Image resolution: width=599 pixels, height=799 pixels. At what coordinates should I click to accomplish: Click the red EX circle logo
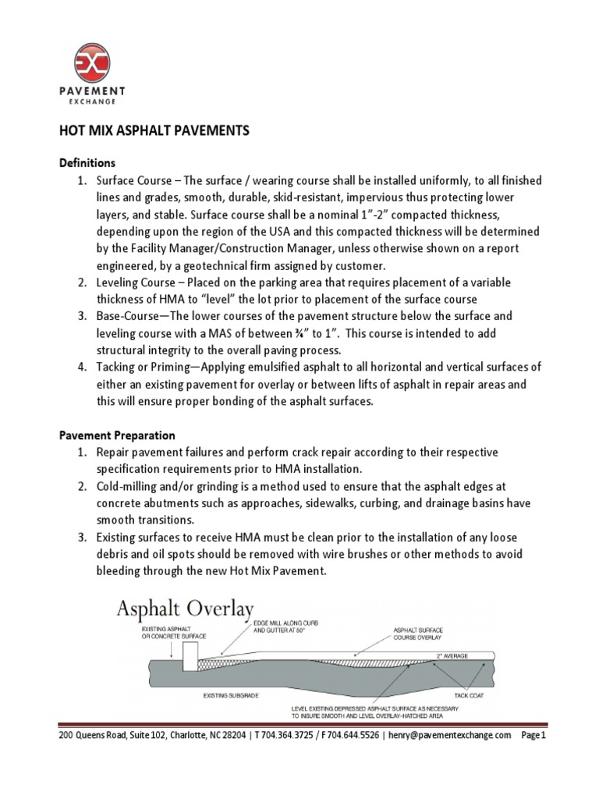(x=92, y=63)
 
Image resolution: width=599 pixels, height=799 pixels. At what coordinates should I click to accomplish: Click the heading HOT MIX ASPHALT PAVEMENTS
(x=155, y=131)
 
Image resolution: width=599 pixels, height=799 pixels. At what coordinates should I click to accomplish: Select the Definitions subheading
(x=87, y=163)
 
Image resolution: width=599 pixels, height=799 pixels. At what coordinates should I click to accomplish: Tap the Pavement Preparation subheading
(x=118, y=435)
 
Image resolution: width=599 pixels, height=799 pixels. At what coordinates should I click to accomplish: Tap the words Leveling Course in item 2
(x=135, y=283)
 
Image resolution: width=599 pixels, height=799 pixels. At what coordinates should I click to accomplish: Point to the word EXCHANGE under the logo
(x=92, y=101)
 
